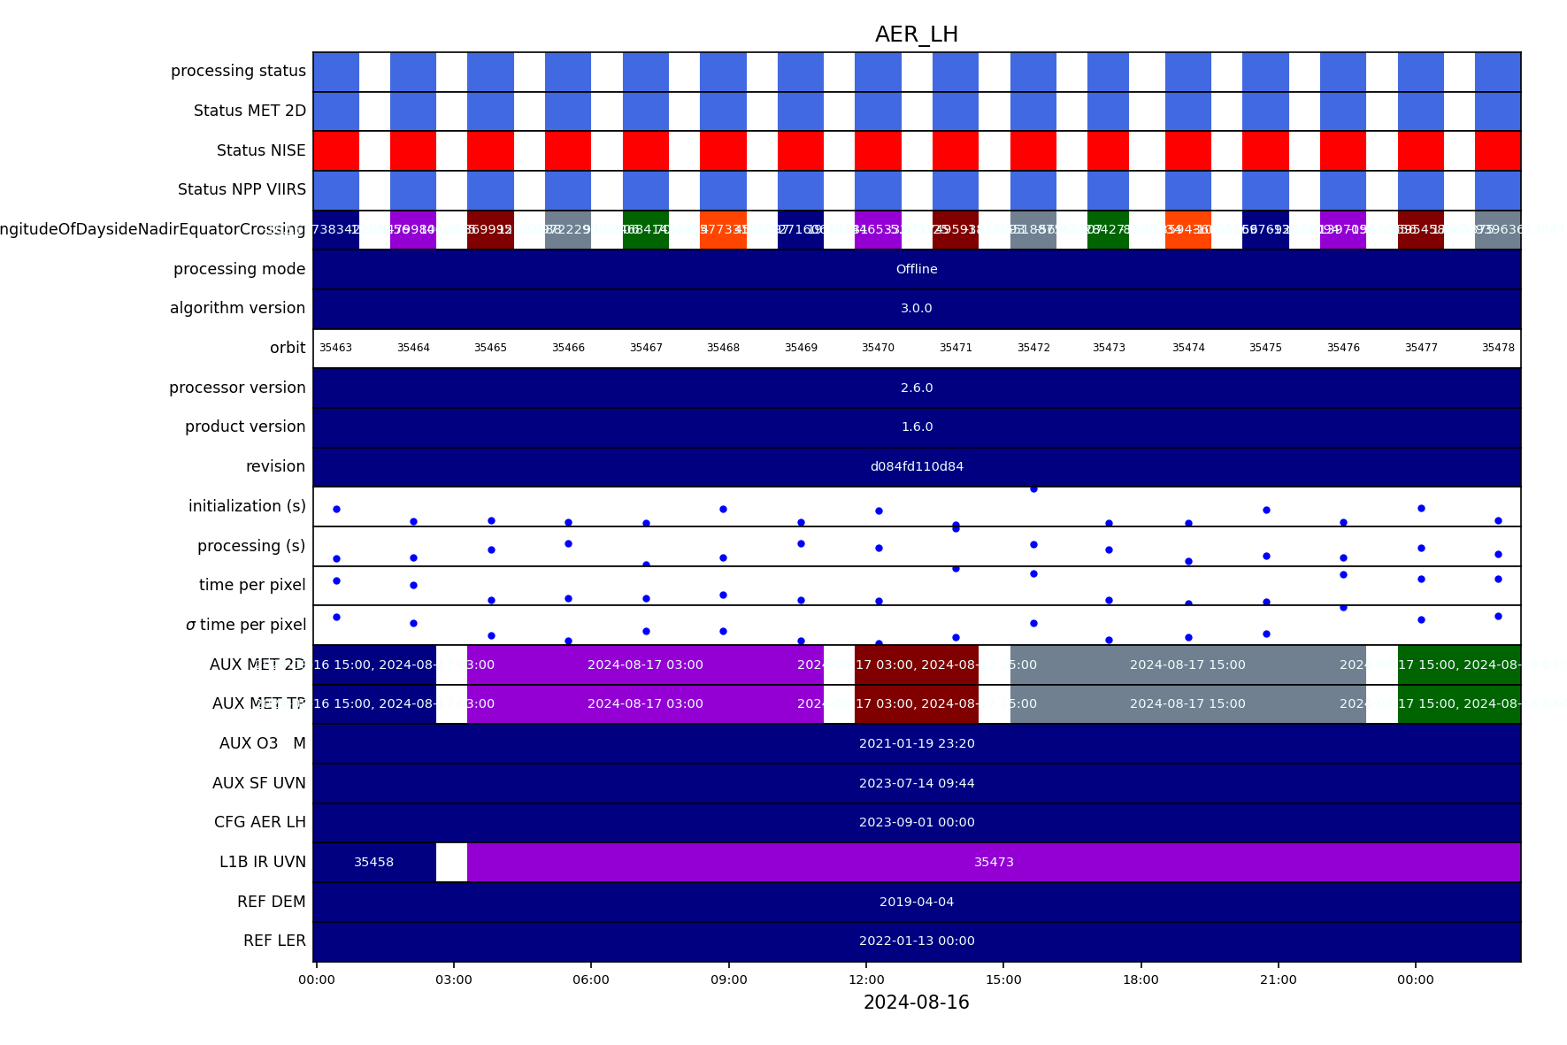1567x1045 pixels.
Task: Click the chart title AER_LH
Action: click(916, 35)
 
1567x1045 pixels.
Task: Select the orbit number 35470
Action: click(878, 348)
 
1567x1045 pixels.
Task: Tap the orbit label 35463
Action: click(335, 348)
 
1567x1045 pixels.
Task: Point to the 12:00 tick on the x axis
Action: click(866, 980)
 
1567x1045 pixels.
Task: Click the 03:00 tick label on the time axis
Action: click(454, 980)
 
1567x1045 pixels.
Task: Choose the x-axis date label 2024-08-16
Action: click(916, 1003)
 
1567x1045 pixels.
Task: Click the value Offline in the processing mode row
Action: click(916, 269)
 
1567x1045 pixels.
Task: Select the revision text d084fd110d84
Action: click(916, 466)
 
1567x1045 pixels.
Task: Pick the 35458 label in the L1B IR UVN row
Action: click(373, 862)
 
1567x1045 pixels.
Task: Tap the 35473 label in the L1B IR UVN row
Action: click(994, 862)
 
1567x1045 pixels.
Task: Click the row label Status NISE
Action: click(261, 150)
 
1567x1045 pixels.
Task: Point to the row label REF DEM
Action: click(271, 902)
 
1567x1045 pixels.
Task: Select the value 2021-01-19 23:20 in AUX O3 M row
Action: click(916, 743)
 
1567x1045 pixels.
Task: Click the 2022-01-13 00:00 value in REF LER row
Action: click(916, 941)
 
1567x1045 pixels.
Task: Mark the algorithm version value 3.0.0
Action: click(916, 308)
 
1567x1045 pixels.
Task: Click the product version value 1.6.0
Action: click(916, 426)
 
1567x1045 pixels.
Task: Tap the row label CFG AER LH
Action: click(259, 822)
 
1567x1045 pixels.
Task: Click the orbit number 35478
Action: click(1498, 348)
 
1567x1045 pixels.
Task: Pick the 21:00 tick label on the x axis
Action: click(1278, 980)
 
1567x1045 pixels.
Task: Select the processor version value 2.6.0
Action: click(916, 388)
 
